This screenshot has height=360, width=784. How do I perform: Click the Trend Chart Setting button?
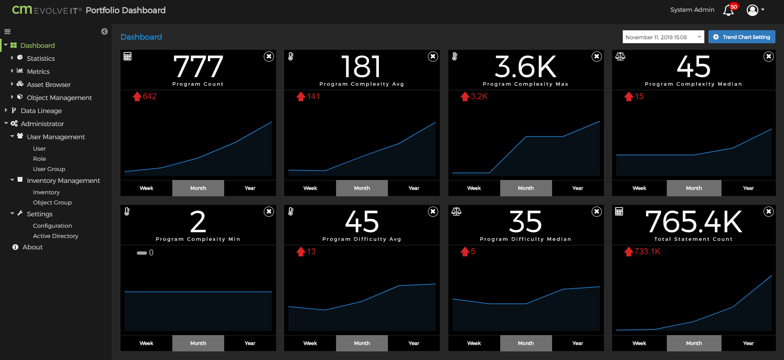[x=742, y=37]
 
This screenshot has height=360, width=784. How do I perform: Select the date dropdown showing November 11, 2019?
[x=663, y=37]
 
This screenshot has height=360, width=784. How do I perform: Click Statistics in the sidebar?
[x=40, y=58]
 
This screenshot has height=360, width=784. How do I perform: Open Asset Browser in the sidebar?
[x=49, y=84]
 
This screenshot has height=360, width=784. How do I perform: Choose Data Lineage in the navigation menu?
[x=41, y=111]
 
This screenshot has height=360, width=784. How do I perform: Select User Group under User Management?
[x=49, y=169]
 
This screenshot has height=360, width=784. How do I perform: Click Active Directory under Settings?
[x=56, y=236]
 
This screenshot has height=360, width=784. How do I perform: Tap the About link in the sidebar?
[x=32, y=247]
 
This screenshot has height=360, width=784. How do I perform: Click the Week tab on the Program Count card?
[x=146, y=188]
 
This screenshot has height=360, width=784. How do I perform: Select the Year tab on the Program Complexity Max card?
[x=577, y=188]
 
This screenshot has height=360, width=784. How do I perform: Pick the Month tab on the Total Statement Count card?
[x=694, y=343]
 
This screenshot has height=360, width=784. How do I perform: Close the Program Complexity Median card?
[x=768, y=56]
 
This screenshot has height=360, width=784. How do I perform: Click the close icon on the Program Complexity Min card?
[x=269, y=211]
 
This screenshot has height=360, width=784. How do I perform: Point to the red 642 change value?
[x=149, y=96]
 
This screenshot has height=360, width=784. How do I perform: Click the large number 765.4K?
[x=693, y=222]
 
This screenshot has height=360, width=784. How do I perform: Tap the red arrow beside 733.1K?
[x=628, y=252]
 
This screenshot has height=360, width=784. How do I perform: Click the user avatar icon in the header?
[x=752, y=10]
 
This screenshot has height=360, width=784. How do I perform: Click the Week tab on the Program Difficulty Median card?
[x=474, y=343]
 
